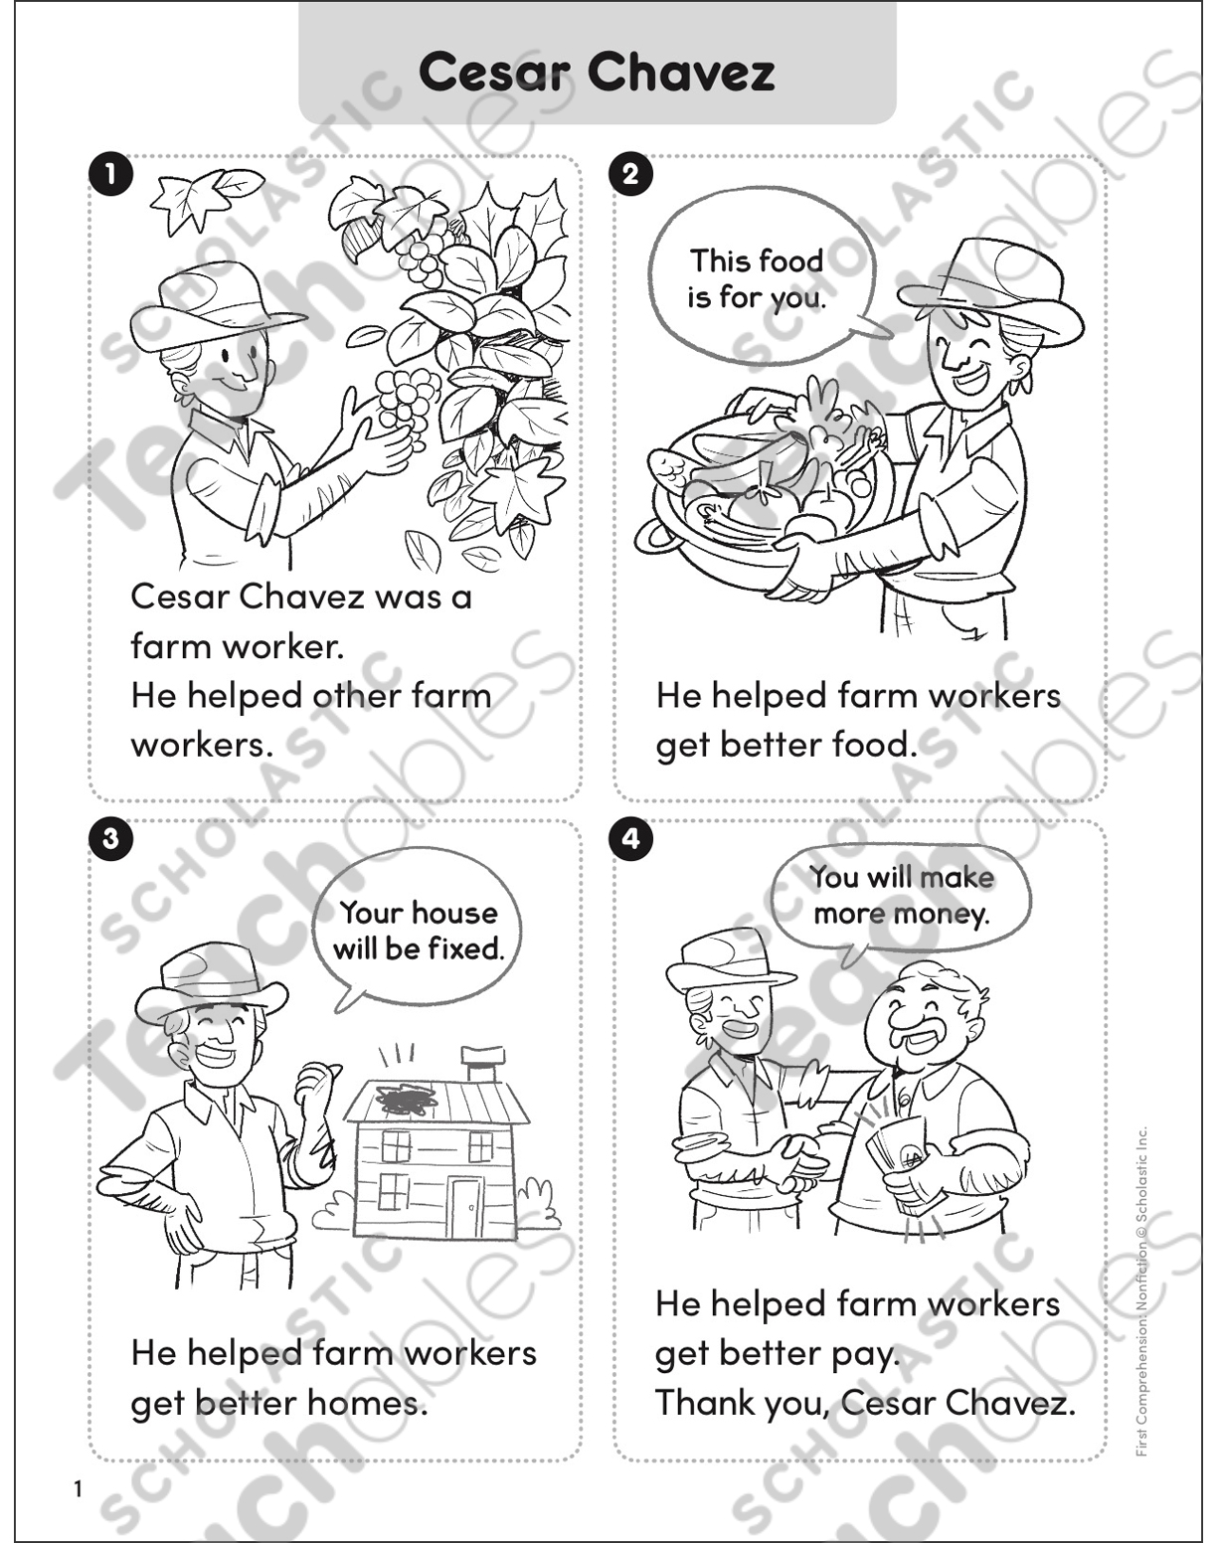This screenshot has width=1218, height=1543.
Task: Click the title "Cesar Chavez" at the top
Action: [597, 72]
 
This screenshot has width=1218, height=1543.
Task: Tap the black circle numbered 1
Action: [109, 175]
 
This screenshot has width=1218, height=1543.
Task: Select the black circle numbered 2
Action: [631, 175]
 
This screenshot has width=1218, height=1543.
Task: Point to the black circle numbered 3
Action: [109, 839]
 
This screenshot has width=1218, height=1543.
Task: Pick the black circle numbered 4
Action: [631, 839]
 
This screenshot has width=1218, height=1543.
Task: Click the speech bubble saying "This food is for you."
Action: [758, 278]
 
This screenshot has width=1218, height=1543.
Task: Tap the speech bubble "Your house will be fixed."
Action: [418, 931]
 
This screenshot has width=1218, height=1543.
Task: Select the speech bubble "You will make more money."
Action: [901, 895]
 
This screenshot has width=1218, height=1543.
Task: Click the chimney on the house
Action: [483, 1064]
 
